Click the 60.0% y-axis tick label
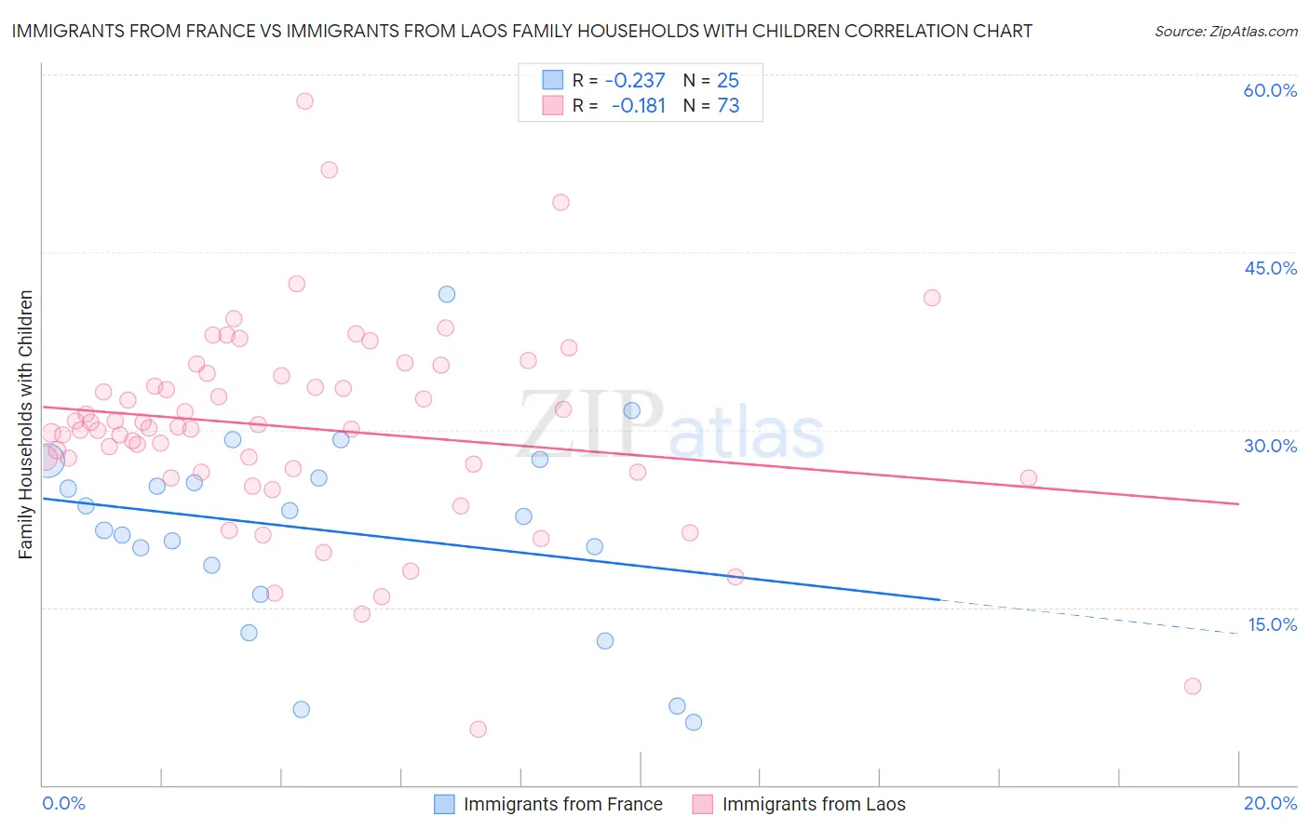pyautogui.click(x=1270, y=90)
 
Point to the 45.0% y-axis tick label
pyautogui.click(x=1270, y=268)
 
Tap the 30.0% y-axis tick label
pyautogui.click(x=1270, y=446)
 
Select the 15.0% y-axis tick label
pyautogui.click(x=1272, y=624)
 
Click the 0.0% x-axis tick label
pyautogui.click(x=63, y=803)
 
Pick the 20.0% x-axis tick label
pyautogui.click(x=1270, y=803)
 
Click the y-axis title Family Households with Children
pyautogui.click(x=26, y=424)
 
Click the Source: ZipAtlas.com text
pyautogui.click(x=1225, y=31)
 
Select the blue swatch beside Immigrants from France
pyautogui.click(x=445, y=804)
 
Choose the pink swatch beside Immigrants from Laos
pyautogui.click(x=703, y=804)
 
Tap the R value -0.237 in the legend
pyautogui.click(x=635, y=81)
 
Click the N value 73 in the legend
pyautogui.click(x=728, y=106)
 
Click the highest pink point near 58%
pyautogui.click(x=304, y=101)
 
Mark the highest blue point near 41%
pyautogui.click(x=447, y=294)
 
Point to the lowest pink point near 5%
pyautogui.click(x=479, y=730)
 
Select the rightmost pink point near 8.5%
pyautogui.click(x=1193, y=687)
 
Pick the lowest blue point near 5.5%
pyautogui.click(x=694, y=722)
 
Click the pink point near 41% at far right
pyautogui.click(x=932, y=298)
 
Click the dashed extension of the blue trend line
pyautogui.click(x=1089, y=617)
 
